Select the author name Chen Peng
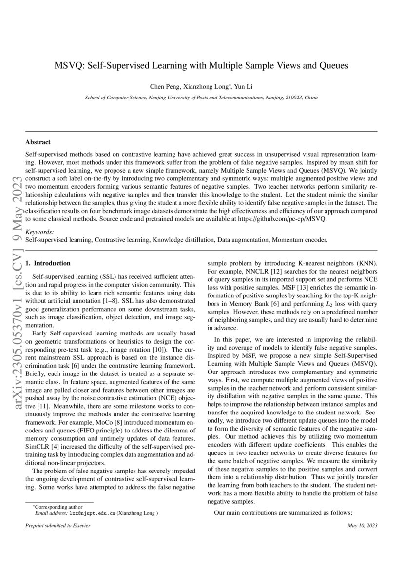165,86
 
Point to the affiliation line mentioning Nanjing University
201,98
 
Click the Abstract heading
38,142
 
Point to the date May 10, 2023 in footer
362,526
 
